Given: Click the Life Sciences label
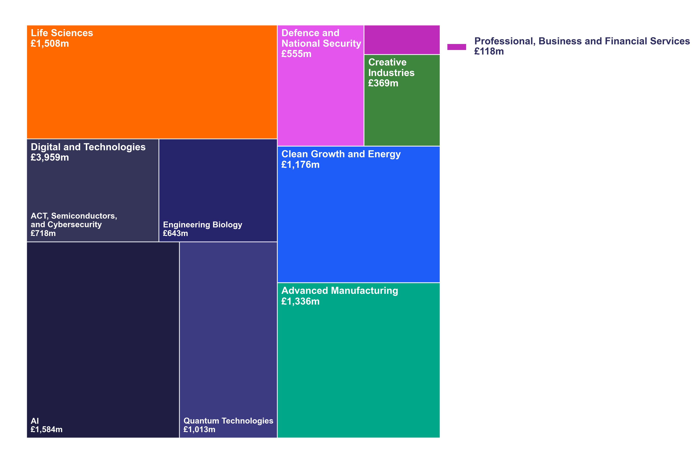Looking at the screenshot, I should coord(62,33).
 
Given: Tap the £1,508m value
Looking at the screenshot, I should coord(50,43).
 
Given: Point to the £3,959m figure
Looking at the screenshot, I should coord(50,157).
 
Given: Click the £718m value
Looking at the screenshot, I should coord(43,233).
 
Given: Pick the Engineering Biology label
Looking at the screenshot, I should coord(202,225).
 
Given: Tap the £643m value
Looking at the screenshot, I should coord(175,233).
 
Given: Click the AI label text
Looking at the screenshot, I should coord(35,421).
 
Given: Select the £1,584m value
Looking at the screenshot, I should coord(46,429).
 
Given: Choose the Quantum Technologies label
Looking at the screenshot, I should coord(228,421).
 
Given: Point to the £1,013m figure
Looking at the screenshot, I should coord(199,429).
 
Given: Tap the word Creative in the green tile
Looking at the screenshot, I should coord(387,62).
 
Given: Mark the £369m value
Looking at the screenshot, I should coord(383,83).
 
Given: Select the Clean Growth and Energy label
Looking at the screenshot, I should coord(341,154).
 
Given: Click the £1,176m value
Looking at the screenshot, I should coord(300,165).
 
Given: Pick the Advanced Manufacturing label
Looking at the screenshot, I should coord(340,290).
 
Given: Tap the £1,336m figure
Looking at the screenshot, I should coord(300,301).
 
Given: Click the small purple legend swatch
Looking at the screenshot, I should coord(456,47).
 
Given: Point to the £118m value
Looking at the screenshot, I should coord(489,51).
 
